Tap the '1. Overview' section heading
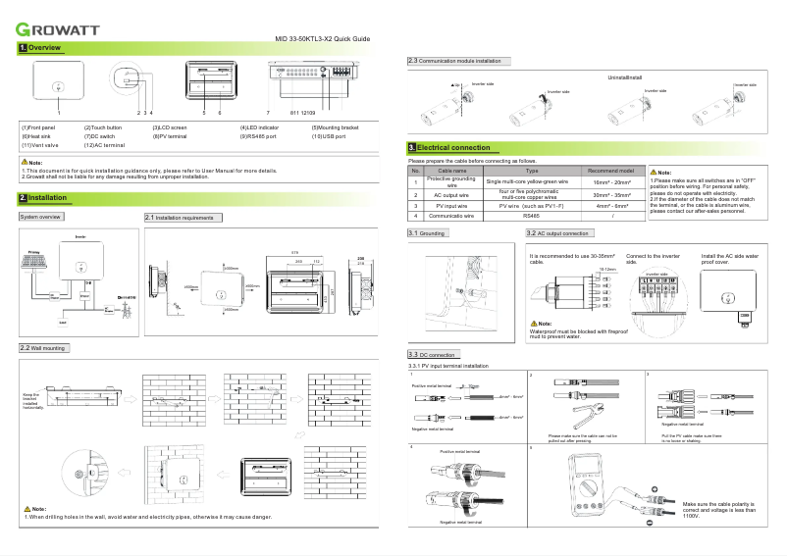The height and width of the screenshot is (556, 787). [x=40, y=48]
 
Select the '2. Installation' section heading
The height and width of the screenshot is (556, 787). [x=42, y=198]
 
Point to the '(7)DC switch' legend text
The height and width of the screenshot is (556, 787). [x=102, y=136]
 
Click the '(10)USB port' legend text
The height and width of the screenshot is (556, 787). [x=329, y=136]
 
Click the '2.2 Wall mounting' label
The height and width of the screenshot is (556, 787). [x=42, y=348]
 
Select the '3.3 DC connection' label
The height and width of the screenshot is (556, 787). [x=432, y=354]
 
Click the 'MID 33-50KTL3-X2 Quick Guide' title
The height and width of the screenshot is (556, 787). [x=321, y=37]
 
